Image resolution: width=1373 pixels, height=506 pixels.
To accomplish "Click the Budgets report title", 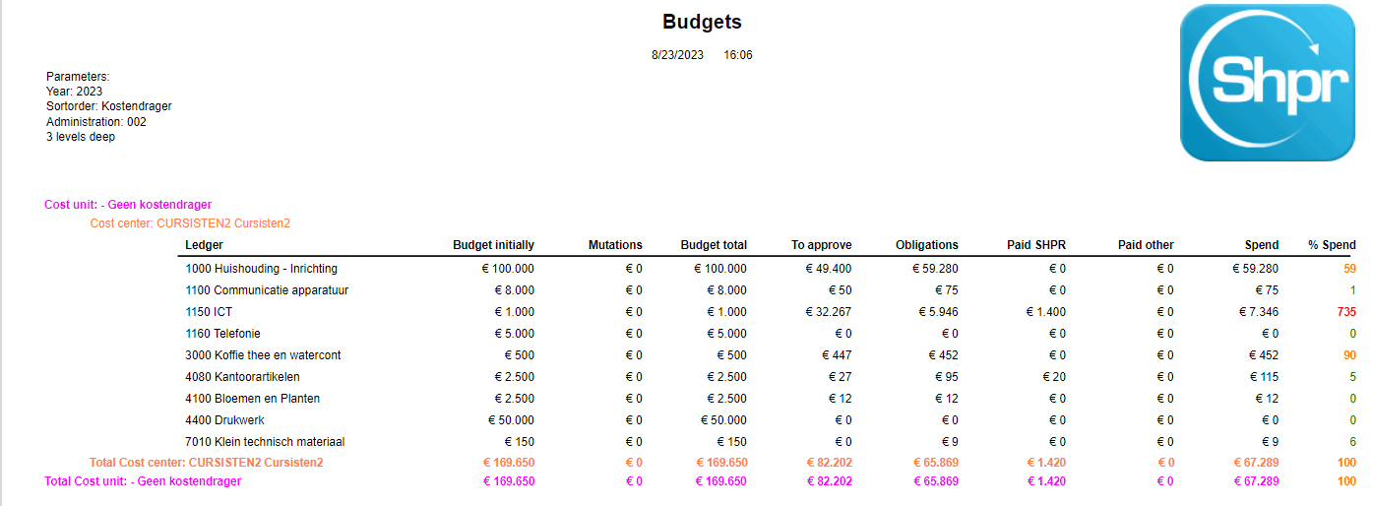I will tap(702, 22).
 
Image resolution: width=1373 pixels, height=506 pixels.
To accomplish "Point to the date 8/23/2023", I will tap(677, 55).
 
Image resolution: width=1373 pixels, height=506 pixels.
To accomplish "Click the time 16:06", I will tap(738, 55).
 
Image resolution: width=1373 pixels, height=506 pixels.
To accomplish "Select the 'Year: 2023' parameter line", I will tap(74, 92).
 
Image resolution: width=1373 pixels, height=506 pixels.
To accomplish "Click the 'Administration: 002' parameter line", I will tap(95, 122).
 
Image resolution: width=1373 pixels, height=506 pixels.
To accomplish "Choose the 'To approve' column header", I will tap(821, 245).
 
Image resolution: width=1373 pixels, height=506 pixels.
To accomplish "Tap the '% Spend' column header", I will tap(1332, 245).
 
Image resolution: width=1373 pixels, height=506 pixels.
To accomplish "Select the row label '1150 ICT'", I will tap(209, 312).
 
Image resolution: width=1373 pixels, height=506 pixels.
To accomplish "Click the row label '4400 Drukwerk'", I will tap(225, 420).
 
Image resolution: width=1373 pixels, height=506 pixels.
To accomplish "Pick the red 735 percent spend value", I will tap(1345, 312).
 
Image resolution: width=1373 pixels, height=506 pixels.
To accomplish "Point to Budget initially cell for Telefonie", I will tap(514, 334).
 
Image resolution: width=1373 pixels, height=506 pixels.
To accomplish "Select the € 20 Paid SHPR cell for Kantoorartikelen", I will tap(1049, 377).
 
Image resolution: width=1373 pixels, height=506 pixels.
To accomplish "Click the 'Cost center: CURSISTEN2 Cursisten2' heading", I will tap(190, 223).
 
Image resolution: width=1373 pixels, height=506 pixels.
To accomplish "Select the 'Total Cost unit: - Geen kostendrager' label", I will tap(143, 481).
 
